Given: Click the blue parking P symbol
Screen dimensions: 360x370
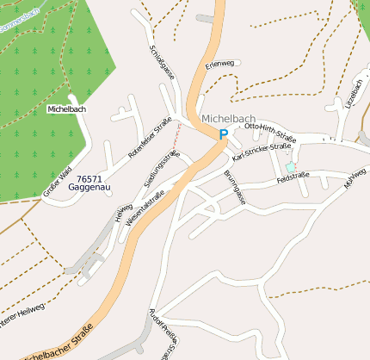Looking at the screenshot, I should [224, 134].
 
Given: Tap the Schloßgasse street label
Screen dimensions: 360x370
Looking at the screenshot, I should [163, 63].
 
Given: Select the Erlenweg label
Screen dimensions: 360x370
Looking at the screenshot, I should [219, 64].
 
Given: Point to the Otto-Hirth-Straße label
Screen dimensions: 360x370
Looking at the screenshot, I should [270, 132].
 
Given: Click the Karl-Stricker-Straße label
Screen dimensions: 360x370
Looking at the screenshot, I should [262, 152].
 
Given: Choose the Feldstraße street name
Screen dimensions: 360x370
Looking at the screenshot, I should [293, 178].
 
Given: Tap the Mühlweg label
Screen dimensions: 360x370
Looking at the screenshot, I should [355, 178].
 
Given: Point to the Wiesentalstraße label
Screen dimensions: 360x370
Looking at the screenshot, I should [145, 208].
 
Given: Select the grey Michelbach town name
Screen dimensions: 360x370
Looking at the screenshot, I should [228, 118].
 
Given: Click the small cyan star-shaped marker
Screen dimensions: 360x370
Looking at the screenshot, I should [291, 167].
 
